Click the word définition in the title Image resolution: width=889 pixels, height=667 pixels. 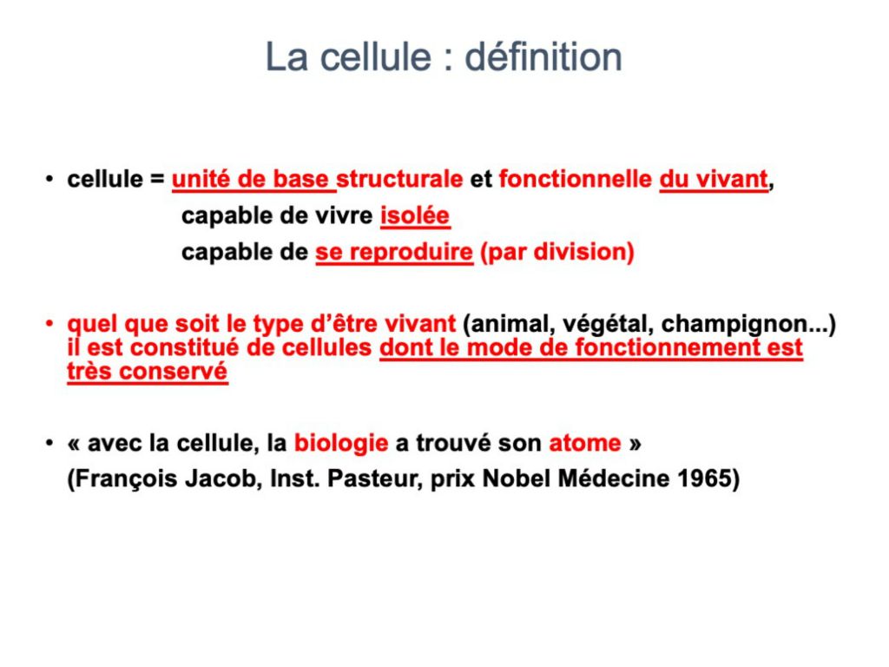tap(543, 56)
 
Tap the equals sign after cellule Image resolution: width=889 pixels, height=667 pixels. tap(157, 180)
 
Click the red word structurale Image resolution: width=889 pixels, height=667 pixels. tap(399, 179)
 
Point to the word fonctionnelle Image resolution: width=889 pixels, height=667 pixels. tap(576, 179)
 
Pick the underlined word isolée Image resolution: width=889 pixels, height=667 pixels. tap(415, 215)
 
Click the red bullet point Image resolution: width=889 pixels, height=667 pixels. tap(49, 324)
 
